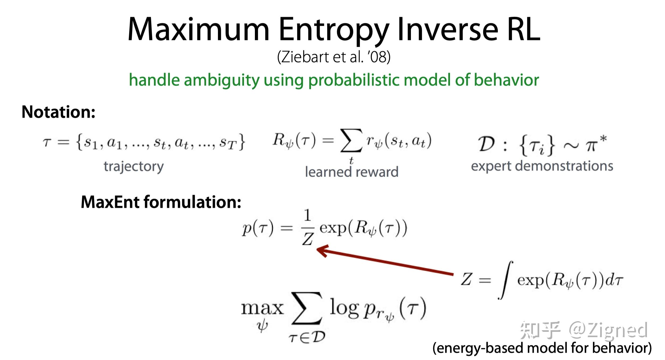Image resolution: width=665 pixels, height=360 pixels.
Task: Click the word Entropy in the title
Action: (334, 30)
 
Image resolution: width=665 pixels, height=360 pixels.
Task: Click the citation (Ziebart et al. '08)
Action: (334, 57)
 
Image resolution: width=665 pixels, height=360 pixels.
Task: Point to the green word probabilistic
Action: (354, 80)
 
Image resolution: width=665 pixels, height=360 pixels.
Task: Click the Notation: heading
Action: (58, 112)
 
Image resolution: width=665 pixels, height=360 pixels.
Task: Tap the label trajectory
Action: (133, 167)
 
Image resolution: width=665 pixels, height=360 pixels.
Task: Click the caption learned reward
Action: (351, 172)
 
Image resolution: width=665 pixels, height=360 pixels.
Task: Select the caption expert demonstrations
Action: (542, 166)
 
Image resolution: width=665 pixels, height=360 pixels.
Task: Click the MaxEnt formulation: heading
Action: (161, 202)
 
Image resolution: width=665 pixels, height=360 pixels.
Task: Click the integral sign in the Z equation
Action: (506, 280)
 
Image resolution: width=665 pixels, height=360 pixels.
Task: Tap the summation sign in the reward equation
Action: (351, 140)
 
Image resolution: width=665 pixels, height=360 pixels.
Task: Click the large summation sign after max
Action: (307, 308)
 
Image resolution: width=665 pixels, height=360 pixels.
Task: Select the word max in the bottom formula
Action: (262, 308)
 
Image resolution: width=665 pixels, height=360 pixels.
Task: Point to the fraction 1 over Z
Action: (308, 228)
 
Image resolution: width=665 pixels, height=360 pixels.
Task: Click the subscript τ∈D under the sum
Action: (307, 338)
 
